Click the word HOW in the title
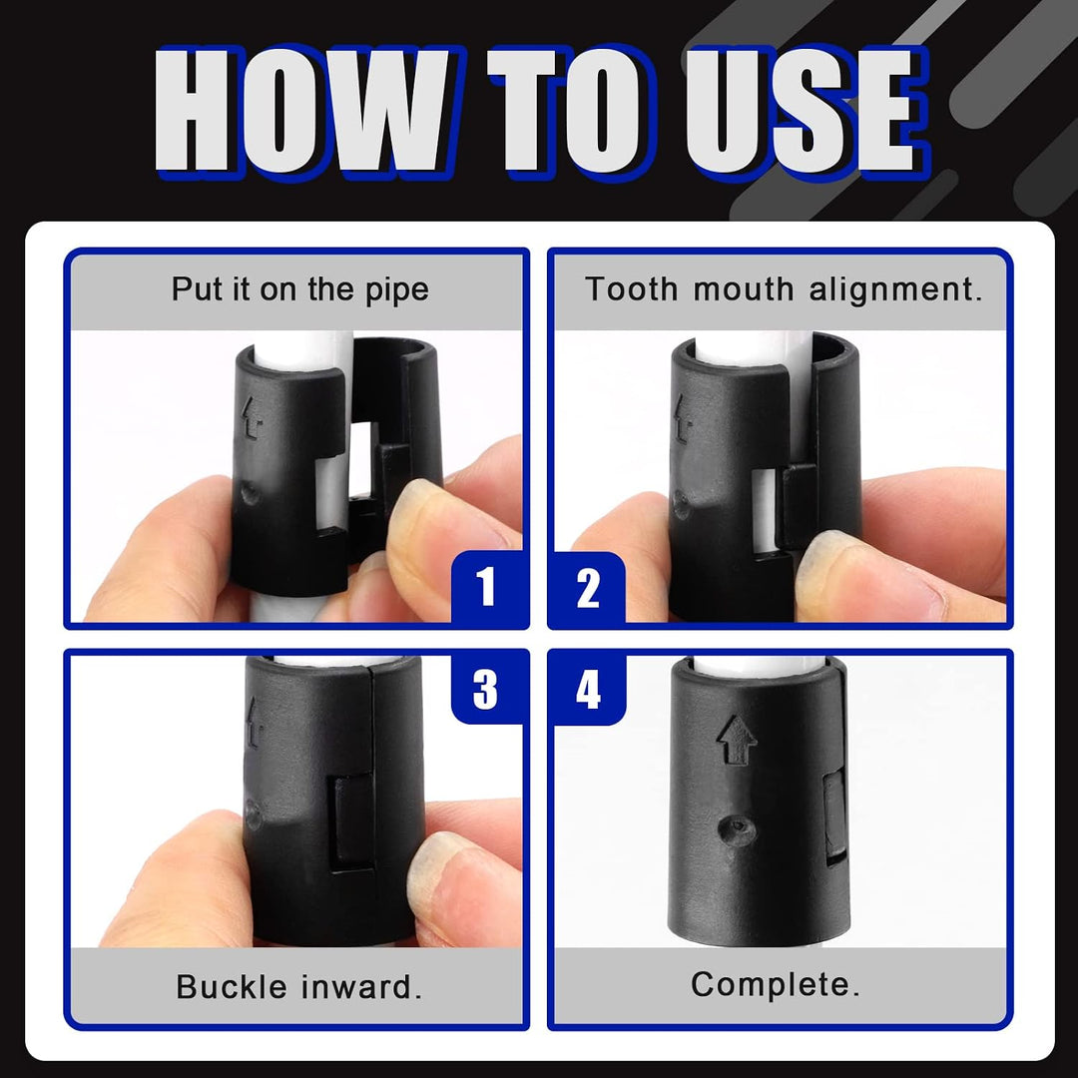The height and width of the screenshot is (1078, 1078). [302, 110]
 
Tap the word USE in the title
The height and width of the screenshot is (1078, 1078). [806, 110]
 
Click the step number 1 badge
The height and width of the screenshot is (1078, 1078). [487, 587]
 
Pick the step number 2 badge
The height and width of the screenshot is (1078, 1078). [587, 589]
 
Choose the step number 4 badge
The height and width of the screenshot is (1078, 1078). [588, 689]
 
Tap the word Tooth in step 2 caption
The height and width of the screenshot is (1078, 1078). [631, 288]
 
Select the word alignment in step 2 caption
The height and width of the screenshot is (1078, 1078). [895, 290]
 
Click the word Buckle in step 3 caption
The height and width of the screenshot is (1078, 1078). [232, 986]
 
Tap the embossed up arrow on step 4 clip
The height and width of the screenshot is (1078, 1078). [737, 739]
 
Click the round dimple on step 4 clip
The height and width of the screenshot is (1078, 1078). [737, 827]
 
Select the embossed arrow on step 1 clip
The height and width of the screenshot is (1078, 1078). [253, 418]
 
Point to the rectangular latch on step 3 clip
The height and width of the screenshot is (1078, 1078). [354, 822]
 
